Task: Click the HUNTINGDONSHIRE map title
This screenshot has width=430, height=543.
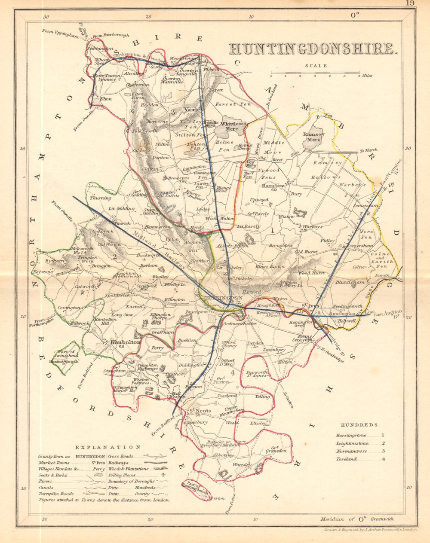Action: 312,49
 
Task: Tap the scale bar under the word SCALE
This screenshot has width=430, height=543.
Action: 315,73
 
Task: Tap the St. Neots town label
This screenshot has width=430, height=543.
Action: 200,411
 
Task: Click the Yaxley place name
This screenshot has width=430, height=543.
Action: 193,110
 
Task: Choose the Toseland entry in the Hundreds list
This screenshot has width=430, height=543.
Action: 346,459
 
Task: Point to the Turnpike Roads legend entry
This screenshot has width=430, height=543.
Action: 56,494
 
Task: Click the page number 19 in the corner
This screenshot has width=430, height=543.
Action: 409,4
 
